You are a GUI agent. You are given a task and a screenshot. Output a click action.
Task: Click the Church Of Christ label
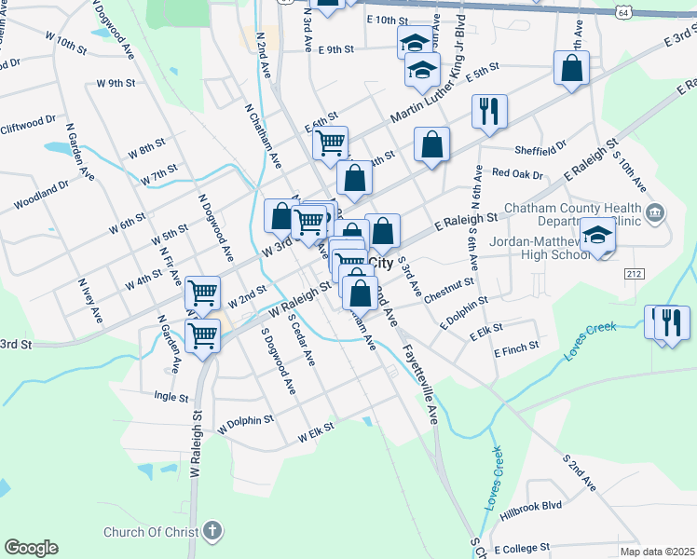[151, 533]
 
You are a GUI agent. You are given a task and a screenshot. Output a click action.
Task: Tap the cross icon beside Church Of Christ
[212, 533]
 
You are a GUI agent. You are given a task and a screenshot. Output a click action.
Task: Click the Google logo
[31, 548]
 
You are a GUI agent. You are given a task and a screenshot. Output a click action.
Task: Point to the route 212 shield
[635, 273]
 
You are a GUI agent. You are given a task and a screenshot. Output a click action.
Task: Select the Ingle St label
[170, 396]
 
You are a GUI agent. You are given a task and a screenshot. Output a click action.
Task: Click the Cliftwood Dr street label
[28, 124]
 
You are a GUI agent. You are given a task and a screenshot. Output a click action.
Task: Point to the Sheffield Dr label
[540, 149]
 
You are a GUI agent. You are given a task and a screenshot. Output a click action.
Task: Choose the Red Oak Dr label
[517, 173]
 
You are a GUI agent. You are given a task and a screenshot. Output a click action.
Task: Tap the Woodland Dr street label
[41, 195]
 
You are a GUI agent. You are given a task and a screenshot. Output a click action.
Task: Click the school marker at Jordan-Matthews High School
[597, 235]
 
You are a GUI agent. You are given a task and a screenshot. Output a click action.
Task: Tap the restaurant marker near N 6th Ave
[489, 112]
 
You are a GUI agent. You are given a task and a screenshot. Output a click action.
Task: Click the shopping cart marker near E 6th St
[330, 143]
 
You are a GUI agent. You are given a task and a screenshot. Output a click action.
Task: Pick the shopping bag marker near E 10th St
[327, 4]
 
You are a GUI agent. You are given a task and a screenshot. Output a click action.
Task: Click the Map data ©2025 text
[657, 552]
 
